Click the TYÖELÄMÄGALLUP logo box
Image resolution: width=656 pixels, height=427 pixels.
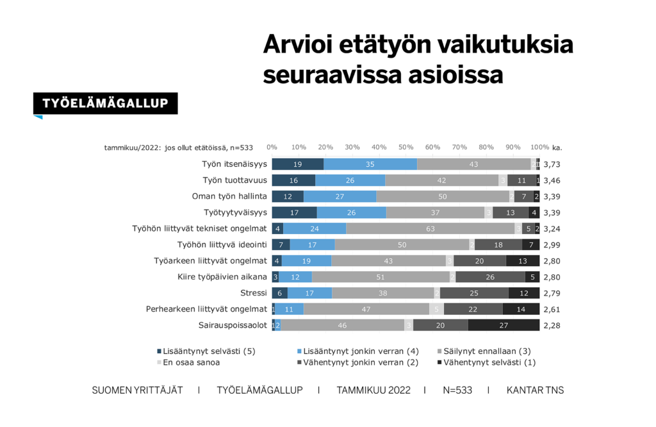[x=106, y=103]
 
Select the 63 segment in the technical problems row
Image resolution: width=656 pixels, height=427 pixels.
[x=430, y=228]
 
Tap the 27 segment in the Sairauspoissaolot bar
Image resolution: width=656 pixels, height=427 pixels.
[x=504, y=325]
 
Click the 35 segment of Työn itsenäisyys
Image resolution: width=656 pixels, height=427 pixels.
[x=370, y=164]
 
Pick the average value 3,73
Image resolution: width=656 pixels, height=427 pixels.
[x=552, y=165]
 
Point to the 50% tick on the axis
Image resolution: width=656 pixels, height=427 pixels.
[x=406, y=147]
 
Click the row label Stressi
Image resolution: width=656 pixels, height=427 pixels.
[x=254, y=293]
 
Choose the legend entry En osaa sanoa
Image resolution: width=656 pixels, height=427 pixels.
[x=189, y=362]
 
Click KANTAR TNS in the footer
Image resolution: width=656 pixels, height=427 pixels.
[x=535, y=390]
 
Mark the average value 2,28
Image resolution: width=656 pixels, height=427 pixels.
[x=552, y=326]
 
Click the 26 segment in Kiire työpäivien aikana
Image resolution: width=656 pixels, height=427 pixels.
[x=490, y=277]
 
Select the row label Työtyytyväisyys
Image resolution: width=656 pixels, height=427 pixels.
[x=234, y=212]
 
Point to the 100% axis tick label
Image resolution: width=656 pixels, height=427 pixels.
[x=539, y=147]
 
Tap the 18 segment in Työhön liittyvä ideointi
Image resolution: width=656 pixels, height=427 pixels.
[x=498, y=244]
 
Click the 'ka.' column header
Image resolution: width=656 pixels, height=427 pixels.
[x=557, y=147]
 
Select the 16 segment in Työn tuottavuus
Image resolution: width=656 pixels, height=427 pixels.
[x=293, y=180]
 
